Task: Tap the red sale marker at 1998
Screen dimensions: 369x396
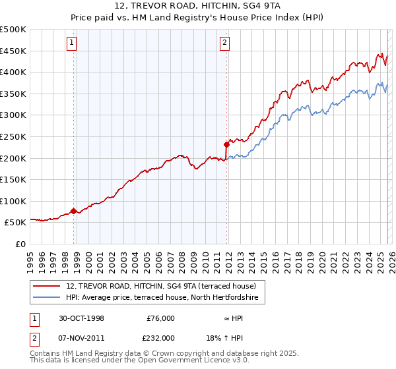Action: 74,211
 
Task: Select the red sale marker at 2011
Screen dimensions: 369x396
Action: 226,144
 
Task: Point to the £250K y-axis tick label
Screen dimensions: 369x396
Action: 13,136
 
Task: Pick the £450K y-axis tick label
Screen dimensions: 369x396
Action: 13,51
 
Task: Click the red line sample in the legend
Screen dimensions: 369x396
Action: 48,285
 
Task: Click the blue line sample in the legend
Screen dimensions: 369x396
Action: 48,298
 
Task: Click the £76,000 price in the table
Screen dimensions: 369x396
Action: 160,318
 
